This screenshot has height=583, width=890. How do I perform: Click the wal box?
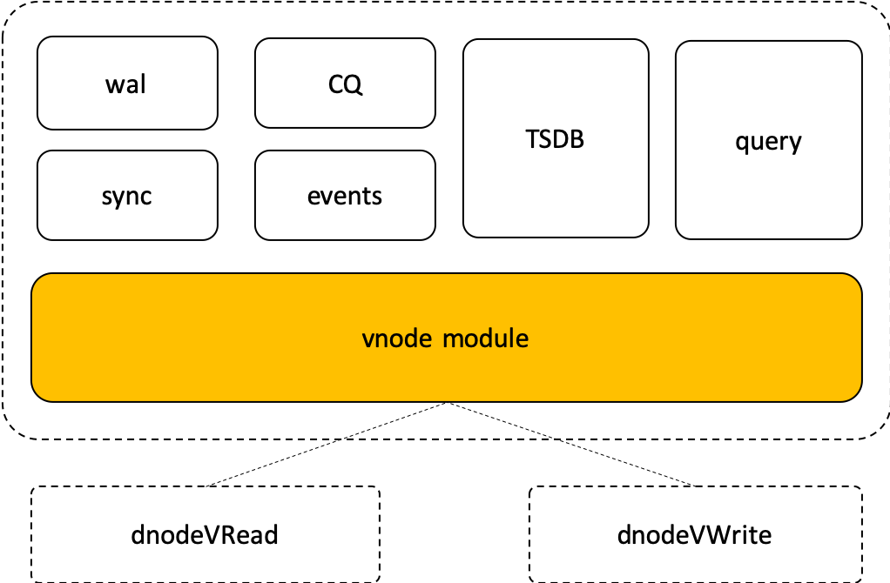[x=127, y=83]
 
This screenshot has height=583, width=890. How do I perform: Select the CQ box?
[x=345, y=83]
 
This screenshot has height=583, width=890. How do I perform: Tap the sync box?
[x=127, y=195]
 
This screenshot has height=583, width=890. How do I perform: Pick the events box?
[x=345, y=195]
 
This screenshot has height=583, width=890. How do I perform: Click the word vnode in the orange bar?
[x=397, y=338]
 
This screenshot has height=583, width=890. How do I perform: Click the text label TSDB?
[x=556, y=138]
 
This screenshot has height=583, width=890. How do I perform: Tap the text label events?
[x=345, y=196]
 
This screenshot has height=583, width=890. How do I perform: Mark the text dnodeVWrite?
[x=694, y=534]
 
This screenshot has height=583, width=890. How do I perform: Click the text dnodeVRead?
[x=206, y=534]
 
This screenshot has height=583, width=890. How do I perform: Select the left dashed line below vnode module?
[x=396, y=420]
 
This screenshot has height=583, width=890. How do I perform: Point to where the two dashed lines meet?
[x=448, y=403]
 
